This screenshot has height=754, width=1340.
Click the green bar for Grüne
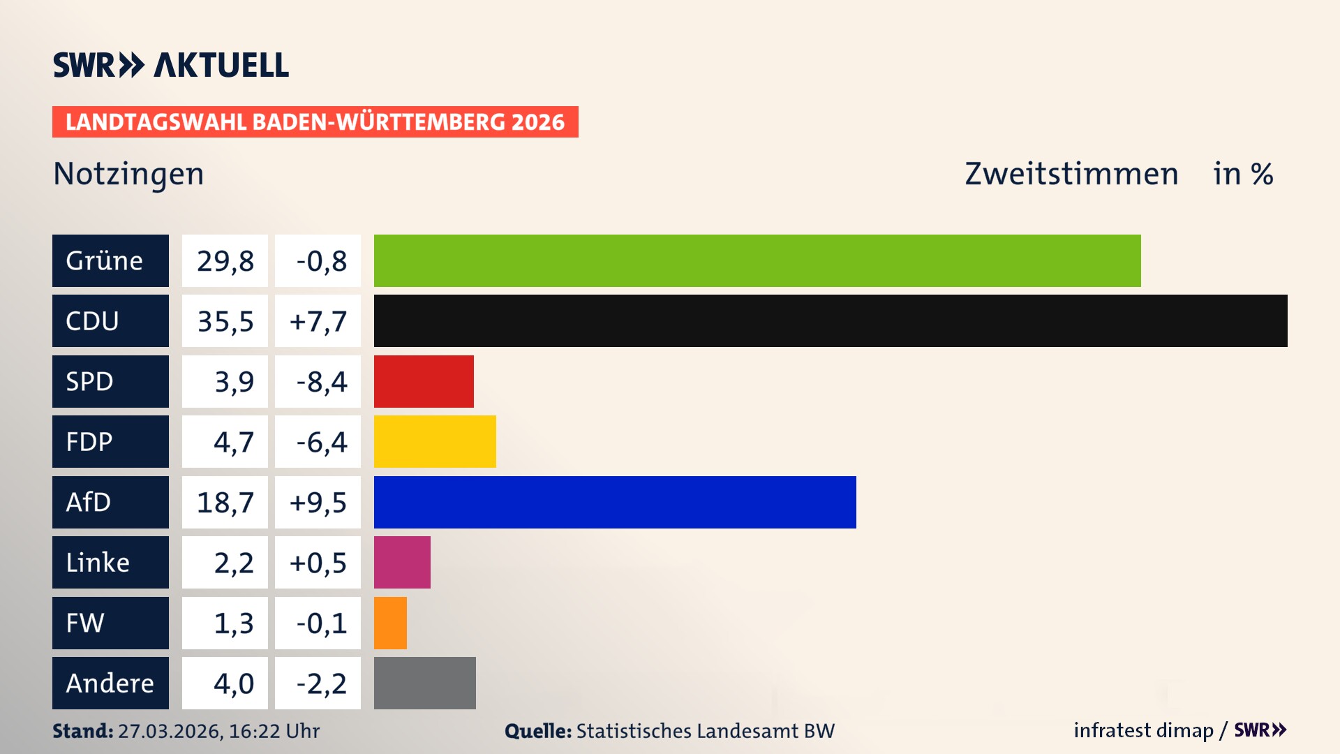(x=757, y=260)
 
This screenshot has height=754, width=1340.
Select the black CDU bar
(x=831, y=320)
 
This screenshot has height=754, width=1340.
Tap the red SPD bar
(x=424, y=381)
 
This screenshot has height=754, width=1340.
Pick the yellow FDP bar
(x=435, y=441)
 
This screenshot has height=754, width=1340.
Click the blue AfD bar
(x=615, y=502)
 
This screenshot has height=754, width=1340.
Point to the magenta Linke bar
(x=402, y=562)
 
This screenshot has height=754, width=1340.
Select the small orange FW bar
(x=390, y=623)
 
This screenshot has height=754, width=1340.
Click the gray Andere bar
(x=424, y=683)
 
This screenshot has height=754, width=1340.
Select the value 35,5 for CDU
(x=225, y=321)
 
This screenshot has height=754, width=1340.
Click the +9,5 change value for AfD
(x=318, y=503)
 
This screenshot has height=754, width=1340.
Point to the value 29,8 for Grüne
(x=225, y=261)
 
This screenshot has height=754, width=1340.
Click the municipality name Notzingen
(x=128, y=174)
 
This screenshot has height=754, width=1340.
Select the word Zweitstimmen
(x=1071, y=174)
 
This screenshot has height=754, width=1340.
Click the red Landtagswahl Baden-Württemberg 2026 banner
(x=315, y=121)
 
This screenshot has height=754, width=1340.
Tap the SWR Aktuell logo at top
(x=171, y=65)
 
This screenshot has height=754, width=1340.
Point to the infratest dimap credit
(x=1143, y=730)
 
